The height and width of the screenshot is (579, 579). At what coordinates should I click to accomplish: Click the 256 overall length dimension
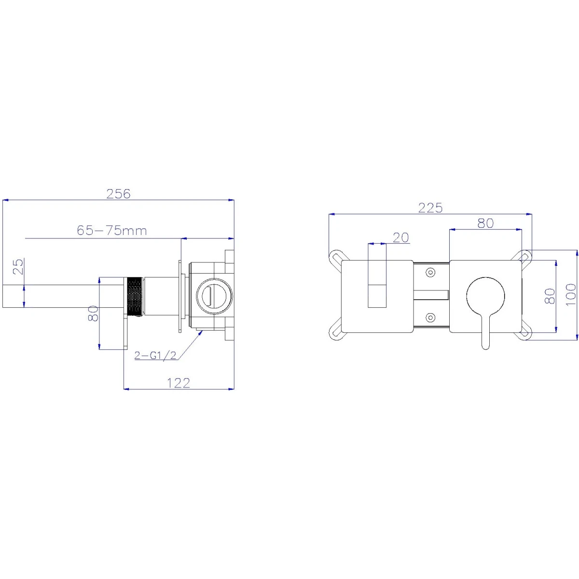pos(118,194)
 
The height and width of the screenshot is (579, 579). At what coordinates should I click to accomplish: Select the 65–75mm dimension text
pos(112,231)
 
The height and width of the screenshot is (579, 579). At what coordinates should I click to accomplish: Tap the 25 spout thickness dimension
pos(18,266)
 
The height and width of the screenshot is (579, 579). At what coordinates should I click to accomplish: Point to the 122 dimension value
pos(179,384)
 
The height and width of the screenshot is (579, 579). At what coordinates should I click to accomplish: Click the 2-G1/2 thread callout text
pos(155,356)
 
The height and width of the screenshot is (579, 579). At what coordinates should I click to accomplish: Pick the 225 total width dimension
pos(430,208)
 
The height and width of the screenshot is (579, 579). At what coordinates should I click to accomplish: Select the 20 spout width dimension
pos(401,238)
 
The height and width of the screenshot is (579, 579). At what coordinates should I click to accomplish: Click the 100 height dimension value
pos(571,294)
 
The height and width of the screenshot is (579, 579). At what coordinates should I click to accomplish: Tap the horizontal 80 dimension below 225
pos(485,223)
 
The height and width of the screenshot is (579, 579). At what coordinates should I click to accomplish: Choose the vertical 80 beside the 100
pos(550,296)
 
